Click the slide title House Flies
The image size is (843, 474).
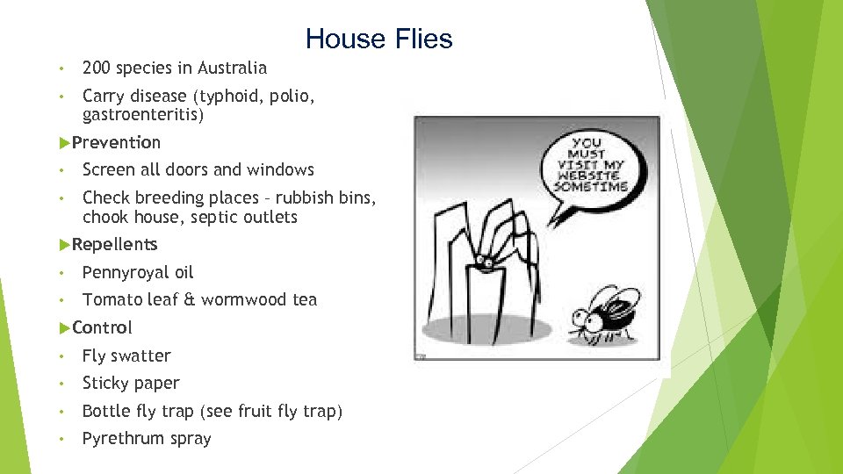pos(378,39)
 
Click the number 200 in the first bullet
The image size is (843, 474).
pos(96,68)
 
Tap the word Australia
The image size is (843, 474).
pos(232,68)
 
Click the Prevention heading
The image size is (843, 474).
pos(116,142)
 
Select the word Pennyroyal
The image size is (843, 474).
pos(125,272)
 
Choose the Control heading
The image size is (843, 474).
pos(102,327)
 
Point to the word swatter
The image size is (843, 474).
pos(140,355)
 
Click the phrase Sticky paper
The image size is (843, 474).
pos(131,383)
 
